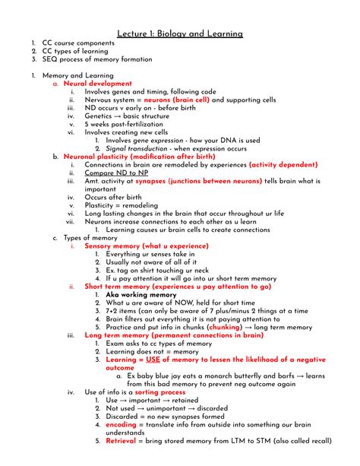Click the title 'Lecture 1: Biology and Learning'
pyautogui.click(x=180, y=33)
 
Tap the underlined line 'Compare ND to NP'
pyautogui.click(x=116, y=173)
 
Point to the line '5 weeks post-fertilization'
pyautogui.click(x=129, y=123)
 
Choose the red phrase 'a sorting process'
pyautogui.click(x=159, y=392)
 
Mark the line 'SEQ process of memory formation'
pyautogui.click(x=95, y=59)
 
